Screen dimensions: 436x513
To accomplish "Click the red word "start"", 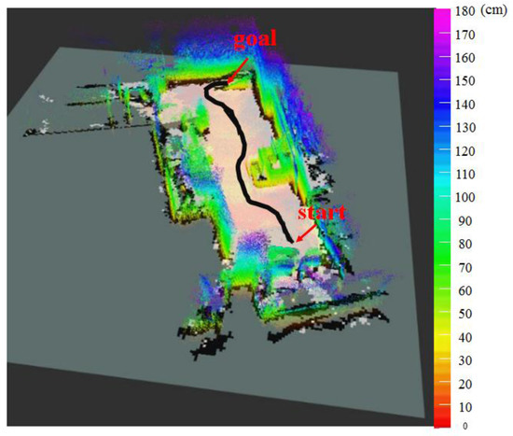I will (x=320, y=213).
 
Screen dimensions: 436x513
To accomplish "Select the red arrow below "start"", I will (x=307, y=232).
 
